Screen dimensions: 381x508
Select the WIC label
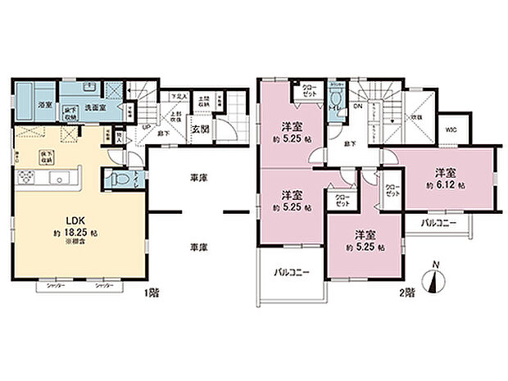coord(451,129)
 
